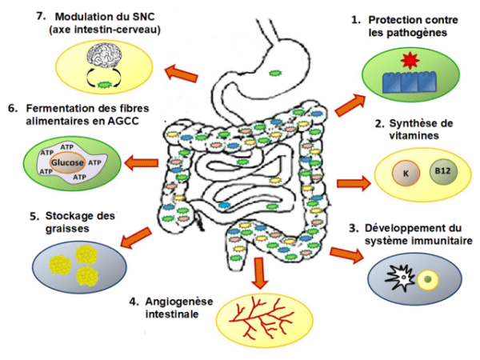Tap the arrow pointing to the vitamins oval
(354, 183)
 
